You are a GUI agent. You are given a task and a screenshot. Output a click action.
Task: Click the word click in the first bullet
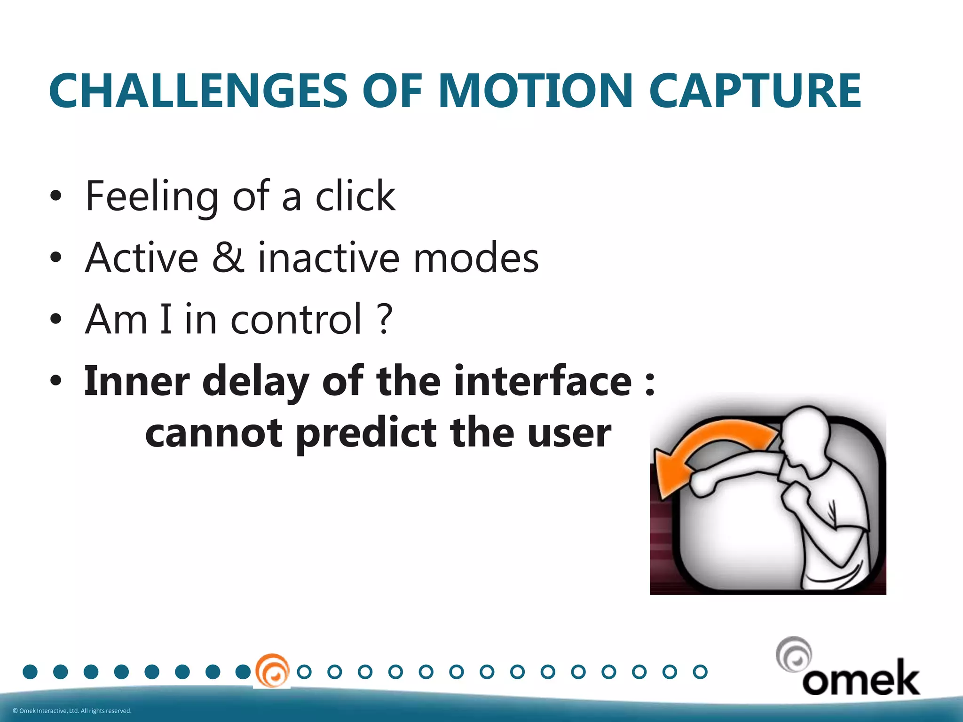(355, 196)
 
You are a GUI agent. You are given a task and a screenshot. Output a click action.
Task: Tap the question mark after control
(385, 319)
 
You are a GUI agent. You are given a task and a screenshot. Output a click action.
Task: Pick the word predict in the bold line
(366, 433)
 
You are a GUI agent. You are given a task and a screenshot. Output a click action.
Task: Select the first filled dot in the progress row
(30, 672)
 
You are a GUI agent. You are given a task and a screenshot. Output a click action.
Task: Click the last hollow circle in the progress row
(700, 672)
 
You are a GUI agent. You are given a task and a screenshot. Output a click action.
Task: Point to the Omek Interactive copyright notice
(72, 711)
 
